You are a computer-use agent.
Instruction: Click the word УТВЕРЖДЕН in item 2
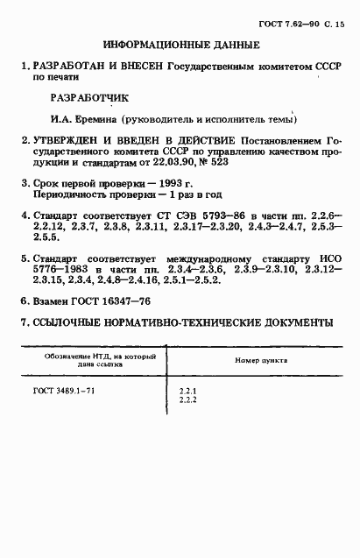67,139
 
